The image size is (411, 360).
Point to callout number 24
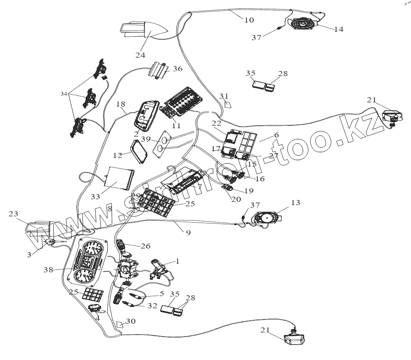click(140, 55)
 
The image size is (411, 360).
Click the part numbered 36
click(159, 69)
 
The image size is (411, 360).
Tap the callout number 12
click(118, 155)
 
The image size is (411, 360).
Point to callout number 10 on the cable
click(249, 20)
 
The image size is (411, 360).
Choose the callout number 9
click(188, 233)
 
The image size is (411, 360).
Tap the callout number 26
click(146, 246)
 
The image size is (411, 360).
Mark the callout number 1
click(177, 261)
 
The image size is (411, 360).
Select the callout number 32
click(152, 306)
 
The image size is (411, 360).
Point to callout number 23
click(14, 214)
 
